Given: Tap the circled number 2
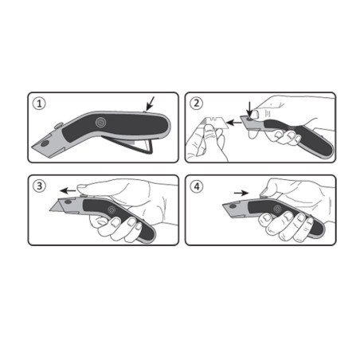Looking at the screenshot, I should coord(196,103).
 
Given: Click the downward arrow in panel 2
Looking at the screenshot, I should coord(250,107).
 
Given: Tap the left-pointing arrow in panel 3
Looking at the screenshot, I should coord(71,191).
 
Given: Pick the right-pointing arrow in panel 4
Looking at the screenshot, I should coord(241,192).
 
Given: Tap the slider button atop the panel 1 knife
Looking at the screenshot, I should coord(60,125).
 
